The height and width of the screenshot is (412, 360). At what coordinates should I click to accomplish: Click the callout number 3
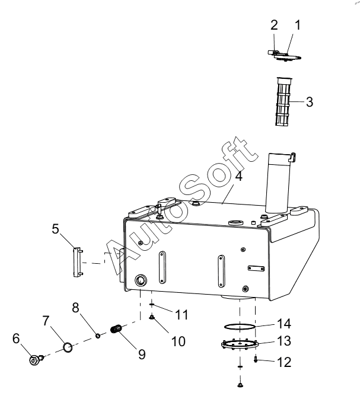pos(310,102)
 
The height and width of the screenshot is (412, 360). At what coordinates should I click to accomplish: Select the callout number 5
pos(55,229)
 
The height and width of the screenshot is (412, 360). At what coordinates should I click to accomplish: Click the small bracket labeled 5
pos(78,262)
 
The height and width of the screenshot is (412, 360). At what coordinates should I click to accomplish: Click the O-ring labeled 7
pos(68,347)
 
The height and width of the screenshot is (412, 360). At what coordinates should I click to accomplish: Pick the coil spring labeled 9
pos(116,329)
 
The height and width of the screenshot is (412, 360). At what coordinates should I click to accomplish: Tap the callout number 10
pos(179,341)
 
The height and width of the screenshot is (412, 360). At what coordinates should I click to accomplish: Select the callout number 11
pos(181,315)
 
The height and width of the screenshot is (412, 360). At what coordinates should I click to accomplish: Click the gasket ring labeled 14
pos(240,327)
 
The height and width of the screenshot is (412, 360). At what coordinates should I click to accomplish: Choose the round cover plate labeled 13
pos(240,344)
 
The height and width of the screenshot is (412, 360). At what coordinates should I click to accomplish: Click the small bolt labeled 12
pos(256,359)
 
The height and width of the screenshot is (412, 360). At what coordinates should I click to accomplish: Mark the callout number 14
pos(284,324)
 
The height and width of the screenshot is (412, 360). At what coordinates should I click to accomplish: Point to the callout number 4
pos(238,176)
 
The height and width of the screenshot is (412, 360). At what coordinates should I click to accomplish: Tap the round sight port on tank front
pos(141,280)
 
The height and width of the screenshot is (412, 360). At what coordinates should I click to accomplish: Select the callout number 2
pos(274,25)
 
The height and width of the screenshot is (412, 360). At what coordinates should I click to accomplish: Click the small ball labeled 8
pos(98,336)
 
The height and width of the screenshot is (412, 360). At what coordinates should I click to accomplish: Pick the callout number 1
pos(297,25)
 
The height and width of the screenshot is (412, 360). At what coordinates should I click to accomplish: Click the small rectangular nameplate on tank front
pos(256,269)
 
